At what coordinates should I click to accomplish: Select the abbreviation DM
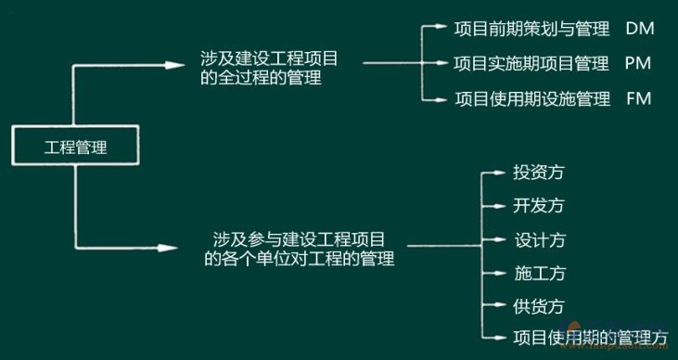[640, 29]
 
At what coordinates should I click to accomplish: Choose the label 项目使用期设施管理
[532, 98]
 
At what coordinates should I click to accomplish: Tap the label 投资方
[539, 173]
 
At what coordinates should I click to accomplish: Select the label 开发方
[539, 205]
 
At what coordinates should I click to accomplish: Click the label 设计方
[539, 240]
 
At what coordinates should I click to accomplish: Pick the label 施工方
[539, 274]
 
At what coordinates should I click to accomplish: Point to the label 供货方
[539, 306]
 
